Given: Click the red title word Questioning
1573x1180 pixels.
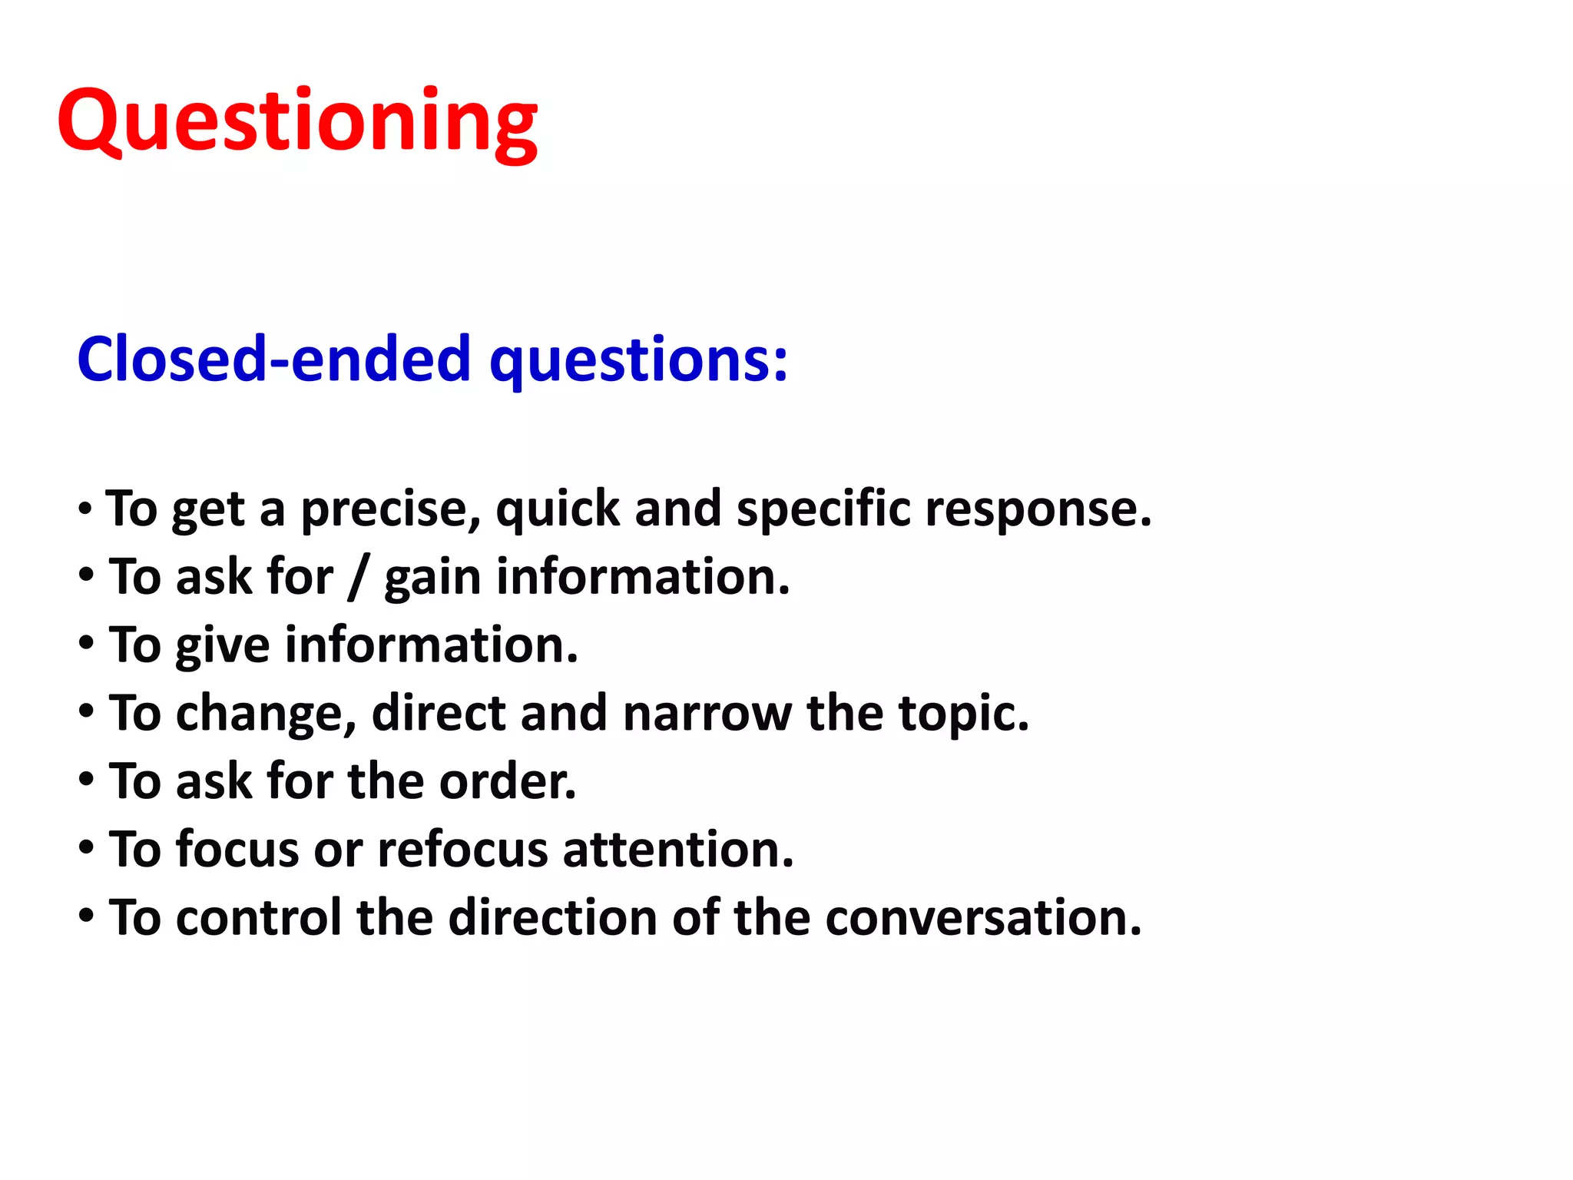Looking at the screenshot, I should pos(297,123).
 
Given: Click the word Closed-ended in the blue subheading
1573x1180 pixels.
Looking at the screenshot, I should pos(273,359).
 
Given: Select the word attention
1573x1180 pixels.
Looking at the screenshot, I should pos(678,850).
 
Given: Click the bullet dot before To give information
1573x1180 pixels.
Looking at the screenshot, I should pos(86,643).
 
